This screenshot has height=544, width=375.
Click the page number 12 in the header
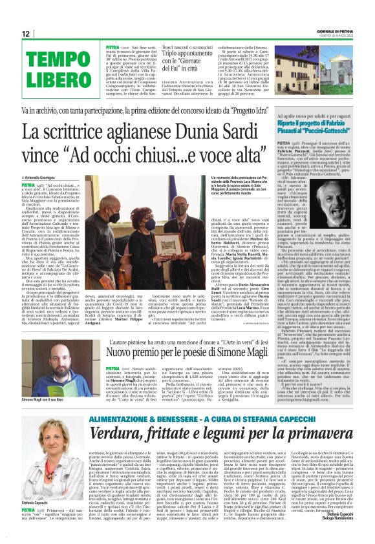pyautogui.click(x=25, y=34)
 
